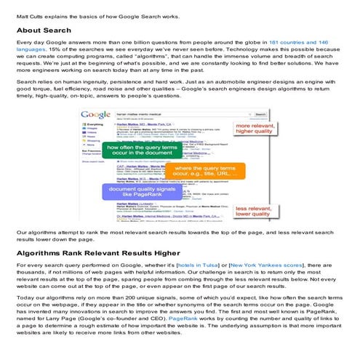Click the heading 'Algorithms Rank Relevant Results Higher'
pos(100,255)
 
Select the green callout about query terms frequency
pos(141,151)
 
